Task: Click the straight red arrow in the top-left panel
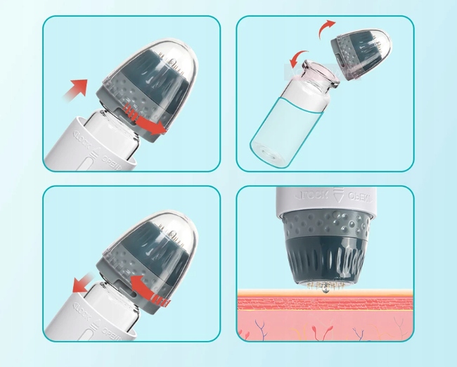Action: [x=77, y=88]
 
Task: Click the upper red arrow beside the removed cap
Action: [x=325, y=29]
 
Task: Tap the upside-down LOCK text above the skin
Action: [x=305, y=195]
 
